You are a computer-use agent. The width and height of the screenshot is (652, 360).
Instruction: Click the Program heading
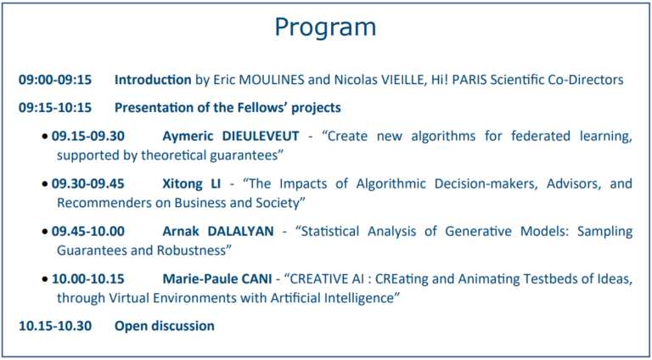pyautogui.click(x=326, y=28)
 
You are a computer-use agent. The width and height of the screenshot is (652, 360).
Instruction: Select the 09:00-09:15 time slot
pyautogui.click(x=55, y=80)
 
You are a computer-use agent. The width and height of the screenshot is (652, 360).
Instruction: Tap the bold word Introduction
pyautogui.click(x=153, y=80)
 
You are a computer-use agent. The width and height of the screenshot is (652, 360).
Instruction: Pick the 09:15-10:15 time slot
pyautogui.click(x=55, y=108)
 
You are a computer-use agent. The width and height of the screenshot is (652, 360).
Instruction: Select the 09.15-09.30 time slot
pyautogui.click(x=87, y=137)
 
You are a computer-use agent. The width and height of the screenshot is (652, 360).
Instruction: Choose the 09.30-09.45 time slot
pyautogui.click(x=87, y=183)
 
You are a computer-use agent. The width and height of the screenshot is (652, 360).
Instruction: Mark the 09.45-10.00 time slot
pyautogui.click(x=87, y=232)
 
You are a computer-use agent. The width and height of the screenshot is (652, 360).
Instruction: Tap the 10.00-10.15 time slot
pyautogui.click(x=87, y=279)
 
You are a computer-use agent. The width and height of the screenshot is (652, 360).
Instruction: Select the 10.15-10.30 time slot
pyautogui.click(x=55, y=326)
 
